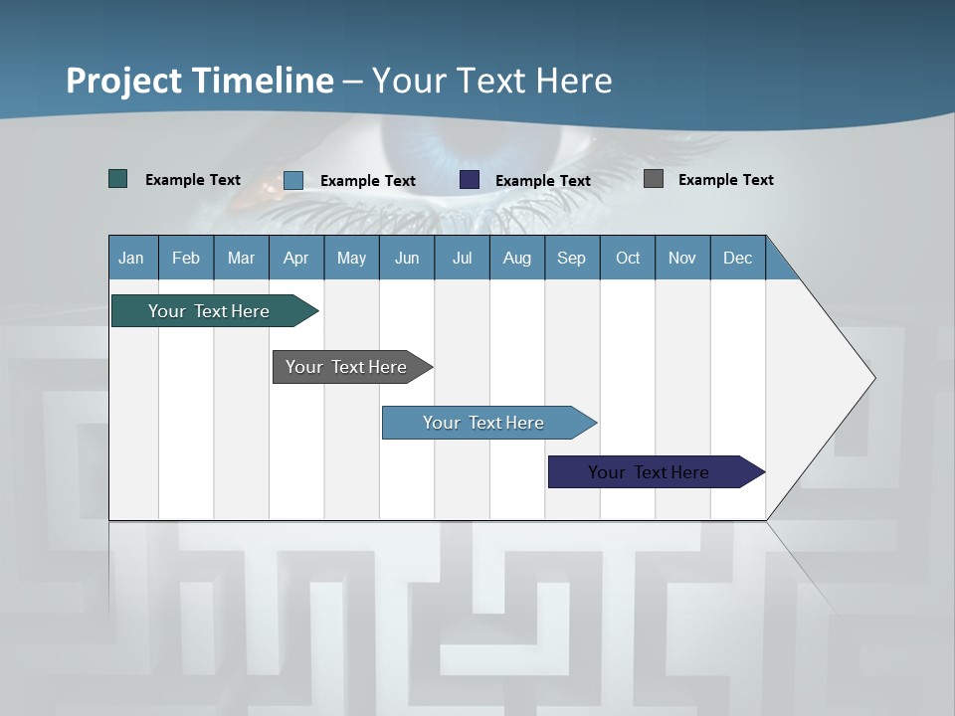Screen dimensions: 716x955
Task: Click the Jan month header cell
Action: (132, 258)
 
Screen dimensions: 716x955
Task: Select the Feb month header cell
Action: (186, 258)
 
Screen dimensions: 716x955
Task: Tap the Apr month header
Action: (296, 258)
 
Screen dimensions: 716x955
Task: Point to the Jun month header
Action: (407, 258)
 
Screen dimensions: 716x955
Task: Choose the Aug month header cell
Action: (517, 258)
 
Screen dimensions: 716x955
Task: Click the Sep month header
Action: (572, 258)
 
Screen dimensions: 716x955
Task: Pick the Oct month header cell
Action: (628, 258)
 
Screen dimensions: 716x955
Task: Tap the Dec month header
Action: (738, 258)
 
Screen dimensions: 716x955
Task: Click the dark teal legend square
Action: (118, 179)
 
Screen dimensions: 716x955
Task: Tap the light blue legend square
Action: (293, 180)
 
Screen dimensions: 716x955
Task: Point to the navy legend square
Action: (470, 180)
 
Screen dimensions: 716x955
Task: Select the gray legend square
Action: (654, 179)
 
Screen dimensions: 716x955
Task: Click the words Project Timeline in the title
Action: (200, 81)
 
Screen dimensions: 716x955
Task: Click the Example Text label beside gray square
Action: (726, 180)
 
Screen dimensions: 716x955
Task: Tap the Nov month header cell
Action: (682, 258)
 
